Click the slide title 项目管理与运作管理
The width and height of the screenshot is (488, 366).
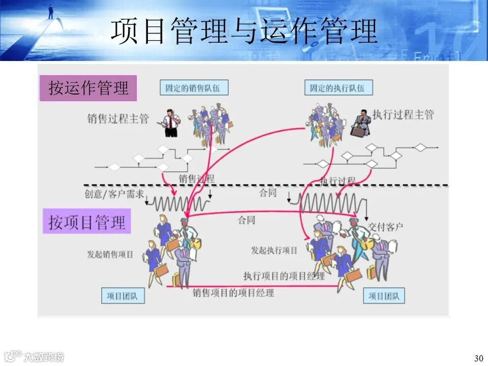[244, 32]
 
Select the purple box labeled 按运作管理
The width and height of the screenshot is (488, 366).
[88, 88]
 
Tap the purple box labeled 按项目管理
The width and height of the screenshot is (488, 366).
[87, 222]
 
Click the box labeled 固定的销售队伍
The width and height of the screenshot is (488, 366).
[194, 87]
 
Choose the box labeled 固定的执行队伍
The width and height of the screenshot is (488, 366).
[338, 87]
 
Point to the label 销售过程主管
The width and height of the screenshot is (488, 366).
[118, 119]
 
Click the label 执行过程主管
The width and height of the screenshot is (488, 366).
[403, 115]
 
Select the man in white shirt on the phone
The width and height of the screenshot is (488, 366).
[171, 123]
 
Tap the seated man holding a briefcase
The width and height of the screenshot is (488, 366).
[361, 123]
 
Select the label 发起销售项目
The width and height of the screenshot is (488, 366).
[110, 254]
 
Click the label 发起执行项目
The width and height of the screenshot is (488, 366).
[274, 251]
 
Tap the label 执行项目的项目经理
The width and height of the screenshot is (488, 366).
[283, 276]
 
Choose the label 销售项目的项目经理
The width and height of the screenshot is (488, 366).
[233, 292]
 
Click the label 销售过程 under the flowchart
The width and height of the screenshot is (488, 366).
[197, 179]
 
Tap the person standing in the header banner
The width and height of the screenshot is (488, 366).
[51, 11]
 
